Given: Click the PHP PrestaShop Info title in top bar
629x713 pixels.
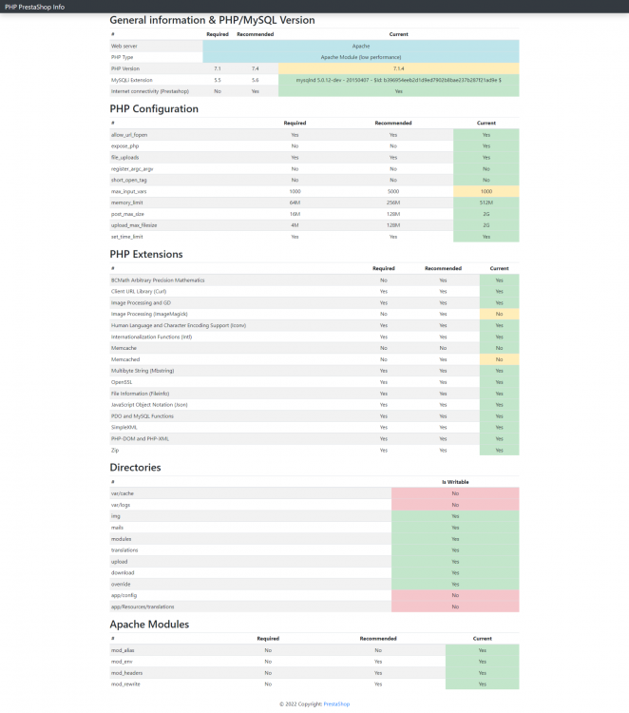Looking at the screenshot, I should coord(35,6).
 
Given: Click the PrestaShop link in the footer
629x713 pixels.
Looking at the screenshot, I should coord(336,703).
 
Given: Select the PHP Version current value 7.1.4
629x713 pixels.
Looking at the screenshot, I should coord(399,68).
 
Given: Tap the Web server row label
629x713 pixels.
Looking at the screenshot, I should coord(124,46).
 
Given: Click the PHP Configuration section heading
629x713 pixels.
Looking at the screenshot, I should coord(154,108).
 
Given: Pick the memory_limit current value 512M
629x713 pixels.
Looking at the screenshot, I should coord(486,202).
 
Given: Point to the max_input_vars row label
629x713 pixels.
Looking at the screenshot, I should coord(129,191).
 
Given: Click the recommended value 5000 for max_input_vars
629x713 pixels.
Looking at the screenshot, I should coord(392,191).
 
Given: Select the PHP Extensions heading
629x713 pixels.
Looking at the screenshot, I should coord(146,254).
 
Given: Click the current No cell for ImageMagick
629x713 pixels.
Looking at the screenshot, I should coord(499,314).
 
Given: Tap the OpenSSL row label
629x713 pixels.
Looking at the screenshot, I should coord(121,381).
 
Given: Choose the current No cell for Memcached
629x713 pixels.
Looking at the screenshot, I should coord(499,359).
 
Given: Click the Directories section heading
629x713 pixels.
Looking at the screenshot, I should coord(135,467).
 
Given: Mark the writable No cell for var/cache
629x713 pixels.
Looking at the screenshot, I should coord(455,493).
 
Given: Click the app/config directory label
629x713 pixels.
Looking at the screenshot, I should coord(124,595).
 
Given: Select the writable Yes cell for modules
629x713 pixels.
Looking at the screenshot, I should coord(455,538).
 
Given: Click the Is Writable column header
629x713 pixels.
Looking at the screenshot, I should coord(455,482).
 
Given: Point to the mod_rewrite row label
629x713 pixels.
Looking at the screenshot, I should coord(124,684).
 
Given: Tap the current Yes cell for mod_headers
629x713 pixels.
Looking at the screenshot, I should coord(483,672).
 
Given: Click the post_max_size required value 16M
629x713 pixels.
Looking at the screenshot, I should coord(295,214).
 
